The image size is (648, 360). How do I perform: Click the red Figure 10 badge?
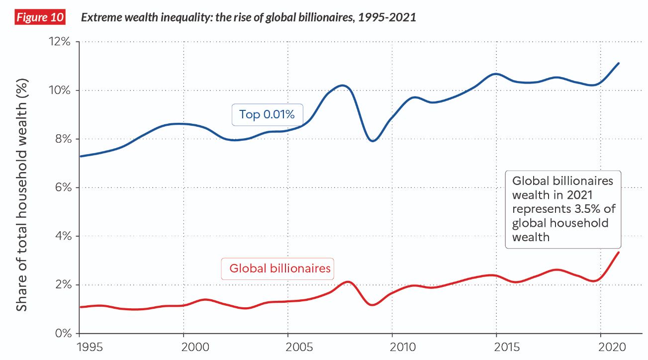tap(40, 17)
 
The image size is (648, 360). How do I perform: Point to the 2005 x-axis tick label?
tap(288, 346)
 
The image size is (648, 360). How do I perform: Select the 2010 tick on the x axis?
tap(392, 346)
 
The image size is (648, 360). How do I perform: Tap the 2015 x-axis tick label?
tap(496, 346)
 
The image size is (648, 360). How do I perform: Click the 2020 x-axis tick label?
tap(601, 346)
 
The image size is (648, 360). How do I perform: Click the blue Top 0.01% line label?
tap(267, 114)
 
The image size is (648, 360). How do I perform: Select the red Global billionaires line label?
tap(279, 269)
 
